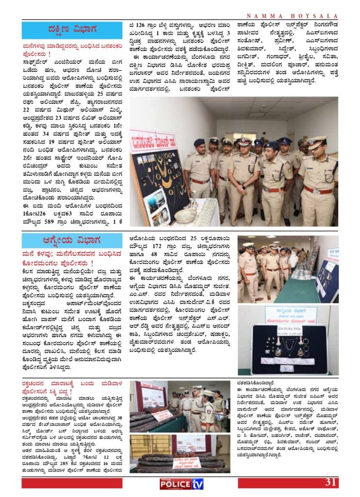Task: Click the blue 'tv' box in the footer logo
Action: coord(196,483)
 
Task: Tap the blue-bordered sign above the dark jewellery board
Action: coord(291,315)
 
